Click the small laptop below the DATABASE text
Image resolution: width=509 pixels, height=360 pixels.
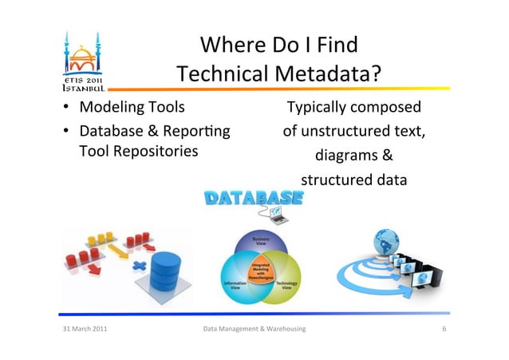tap(278, 214)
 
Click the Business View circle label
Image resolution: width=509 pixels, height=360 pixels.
tap(261, 239)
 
